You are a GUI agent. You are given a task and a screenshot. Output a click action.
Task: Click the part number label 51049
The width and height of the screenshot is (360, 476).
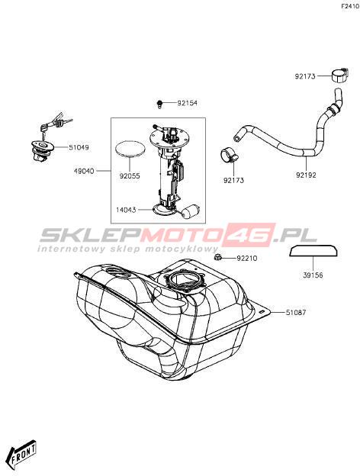pos(79,147)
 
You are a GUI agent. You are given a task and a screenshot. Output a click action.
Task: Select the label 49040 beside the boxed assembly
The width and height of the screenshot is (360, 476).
pos(84,171)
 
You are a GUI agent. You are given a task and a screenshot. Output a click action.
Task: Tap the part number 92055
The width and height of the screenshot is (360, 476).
pos(130,176)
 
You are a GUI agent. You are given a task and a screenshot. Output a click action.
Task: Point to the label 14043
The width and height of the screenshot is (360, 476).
pos(126,210)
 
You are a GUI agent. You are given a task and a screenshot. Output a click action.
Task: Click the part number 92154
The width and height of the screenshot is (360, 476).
pos(188,103)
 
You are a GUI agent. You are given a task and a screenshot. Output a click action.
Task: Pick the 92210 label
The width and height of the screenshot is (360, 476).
pos(247,259)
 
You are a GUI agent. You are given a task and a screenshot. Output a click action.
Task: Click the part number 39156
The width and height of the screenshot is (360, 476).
pos(313,275)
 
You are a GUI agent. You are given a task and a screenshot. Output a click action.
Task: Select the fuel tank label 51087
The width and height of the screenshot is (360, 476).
pos(296,313)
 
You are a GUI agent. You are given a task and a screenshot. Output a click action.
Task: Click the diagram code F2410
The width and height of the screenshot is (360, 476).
pos(350,6)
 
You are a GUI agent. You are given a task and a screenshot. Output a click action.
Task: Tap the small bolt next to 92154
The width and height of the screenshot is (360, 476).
pos(159,104)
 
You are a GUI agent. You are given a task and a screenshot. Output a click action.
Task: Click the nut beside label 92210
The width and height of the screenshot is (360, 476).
pos(217,258)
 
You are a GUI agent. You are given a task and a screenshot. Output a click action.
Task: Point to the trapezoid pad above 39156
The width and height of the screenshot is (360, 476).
pos(314,252)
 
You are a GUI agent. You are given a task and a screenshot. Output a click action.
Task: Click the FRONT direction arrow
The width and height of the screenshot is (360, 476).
pos(23,452)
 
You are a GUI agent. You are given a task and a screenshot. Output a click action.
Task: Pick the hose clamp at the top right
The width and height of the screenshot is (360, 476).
pos(339,76)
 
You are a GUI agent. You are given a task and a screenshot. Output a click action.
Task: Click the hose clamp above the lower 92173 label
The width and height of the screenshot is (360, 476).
pos(229,155)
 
